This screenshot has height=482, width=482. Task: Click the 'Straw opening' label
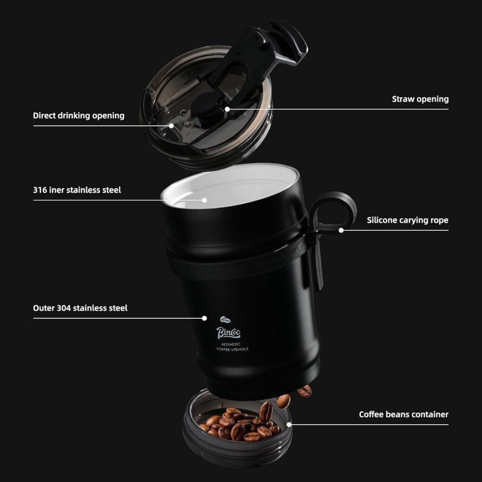click(x=420, y=99)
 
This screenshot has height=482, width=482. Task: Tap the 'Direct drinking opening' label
click(x=78, y=115)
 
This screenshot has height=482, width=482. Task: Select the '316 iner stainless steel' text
click(x=77, y=190)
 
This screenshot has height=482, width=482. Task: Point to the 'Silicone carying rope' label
click(x=407, y=220)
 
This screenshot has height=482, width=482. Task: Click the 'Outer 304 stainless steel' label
click(x=80, y=308)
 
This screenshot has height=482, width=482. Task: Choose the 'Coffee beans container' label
click(x=404, y=414)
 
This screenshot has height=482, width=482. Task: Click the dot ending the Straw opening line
click(x=228, y=109)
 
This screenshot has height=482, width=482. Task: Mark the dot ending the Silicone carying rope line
click(x=341, y=230)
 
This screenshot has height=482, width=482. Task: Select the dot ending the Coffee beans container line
click(x=289, y=424)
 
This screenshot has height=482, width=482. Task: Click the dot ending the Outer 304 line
click(x=205, y=318)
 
